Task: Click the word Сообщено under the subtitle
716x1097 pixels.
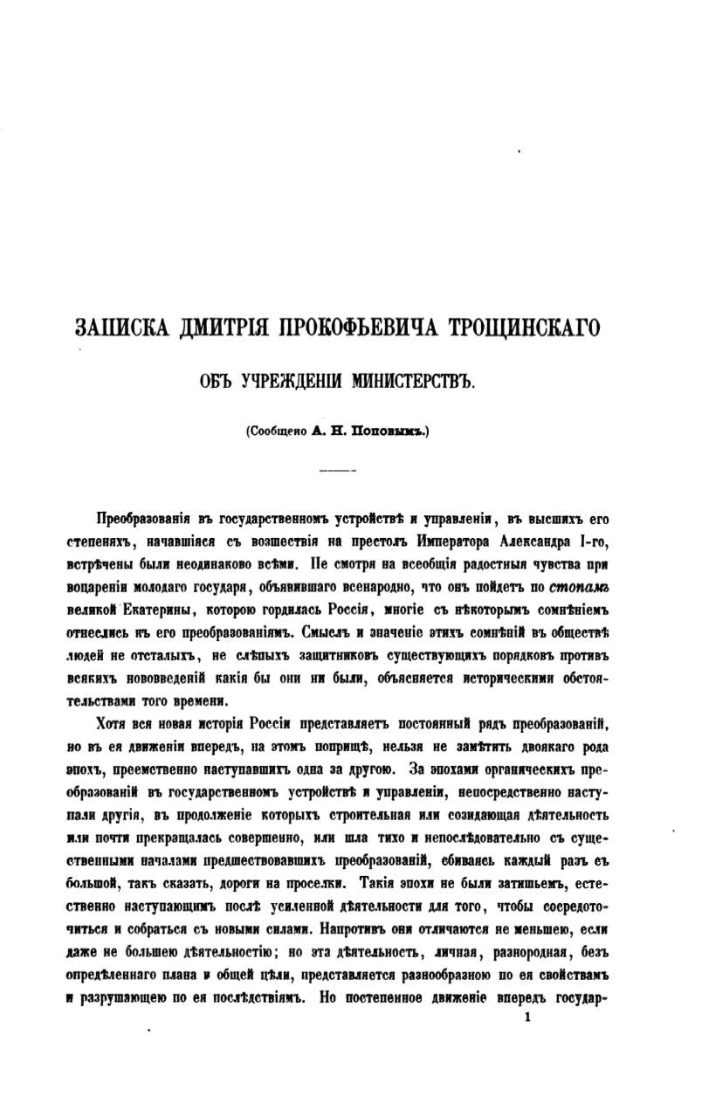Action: tap(278, 430)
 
